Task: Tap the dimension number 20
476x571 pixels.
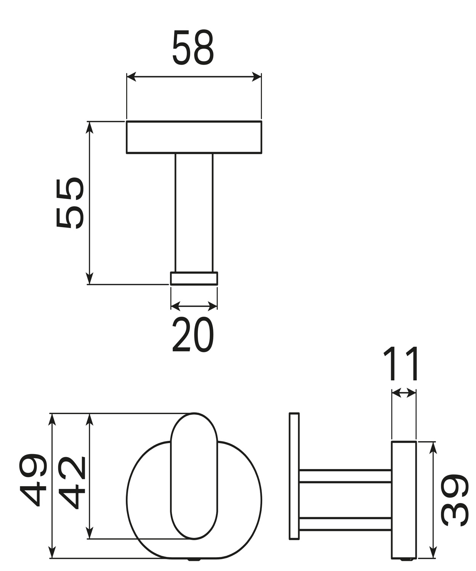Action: [193, 334]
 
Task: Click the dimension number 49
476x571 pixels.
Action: [33, 480]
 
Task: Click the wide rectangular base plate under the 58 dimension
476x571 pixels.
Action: [194, 137]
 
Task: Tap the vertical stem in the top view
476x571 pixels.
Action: [194, 213]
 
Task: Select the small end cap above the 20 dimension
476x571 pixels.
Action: [194, 278]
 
